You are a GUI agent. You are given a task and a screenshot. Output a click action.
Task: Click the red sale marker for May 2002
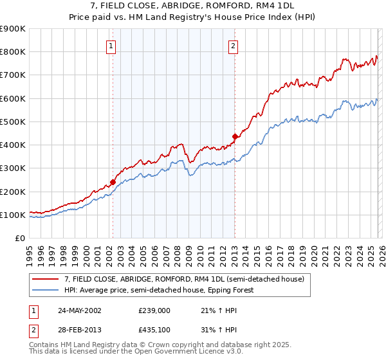[x=113, y=182]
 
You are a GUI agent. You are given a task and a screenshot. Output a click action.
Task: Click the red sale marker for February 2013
[x=235, y=136]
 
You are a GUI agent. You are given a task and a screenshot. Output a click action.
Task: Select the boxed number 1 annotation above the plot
[x=112, y=46]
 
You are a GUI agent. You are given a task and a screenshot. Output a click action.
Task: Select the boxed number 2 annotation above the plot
[x=232, y=46]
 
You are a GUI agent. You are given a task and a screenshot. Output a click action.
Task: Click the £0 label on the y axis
[x=20, y=239]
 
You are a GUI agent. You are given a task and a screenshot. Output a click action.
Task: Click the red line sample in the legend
[x=46, y=279]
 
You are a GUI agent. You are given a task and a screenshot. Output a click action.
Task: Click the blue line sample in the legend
[x=46, y=290]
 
